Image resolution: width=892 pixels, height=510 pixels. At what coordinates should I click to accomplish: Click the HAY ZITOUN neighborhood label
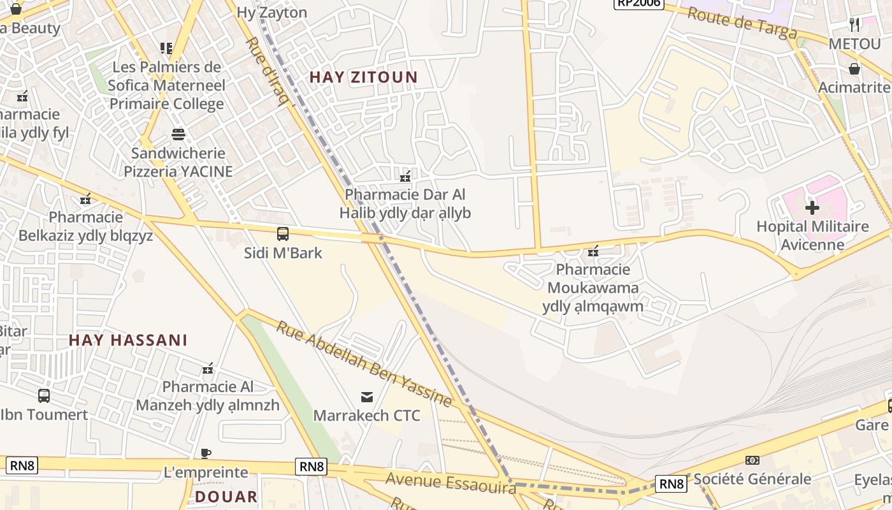(x=363, y=78)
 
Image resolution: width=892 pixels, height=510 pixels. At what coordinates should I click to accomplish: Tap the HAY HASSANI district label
(x=128, y=340)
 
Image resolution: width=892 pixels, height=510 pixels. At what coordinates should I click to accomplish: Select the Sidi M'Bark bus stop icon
(x=283, y=234)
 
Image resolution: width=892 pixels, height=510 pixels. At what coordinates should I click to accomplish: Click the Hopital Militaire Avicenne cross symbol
(x=812, y=207)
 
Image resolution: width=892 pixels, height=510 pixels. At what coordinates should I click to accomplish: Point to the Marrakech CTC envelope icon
(x=367, y=397)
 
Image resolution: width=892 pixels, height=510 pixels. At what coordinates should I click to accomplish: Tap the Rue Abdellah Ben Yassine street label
(x=364, y=364)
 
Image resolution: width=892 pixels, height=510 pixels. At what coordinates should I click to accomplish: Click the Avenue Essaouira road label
(x=451, y=483)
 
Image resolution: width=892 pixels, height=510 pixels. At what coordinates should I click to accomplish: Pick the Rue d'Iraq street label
(x=267, y=70)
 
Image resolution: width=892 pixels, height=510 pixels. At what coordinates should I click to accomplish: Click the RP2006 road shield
(x=638, y=3)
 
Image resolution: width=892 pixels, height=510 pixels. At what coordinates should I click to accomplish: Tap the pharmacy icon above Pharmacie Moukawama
(x=593, y=251)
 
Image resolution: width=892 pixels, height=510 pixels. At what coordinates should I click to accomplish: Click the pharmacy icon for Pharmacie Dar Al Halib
(x=405, y=176)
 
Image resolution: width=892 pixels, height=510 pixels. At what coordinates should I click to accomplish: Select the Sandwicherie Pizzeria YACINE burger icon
(x=178, y=135)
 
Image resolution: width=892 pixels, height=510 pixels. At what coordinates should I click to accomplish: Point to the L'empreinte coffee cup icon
(x=206, y=454)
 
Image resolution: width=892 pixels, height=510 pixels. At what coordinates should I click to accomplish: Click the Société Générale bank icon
(x=752, y=460)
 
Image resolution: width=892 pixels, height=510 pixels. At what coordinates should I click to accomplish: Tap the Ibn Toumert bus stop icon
(x=44, y=396)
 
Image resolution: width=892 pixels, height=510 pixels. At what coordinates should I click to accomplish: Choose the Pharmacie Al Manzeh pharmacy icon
(x=208, y=368)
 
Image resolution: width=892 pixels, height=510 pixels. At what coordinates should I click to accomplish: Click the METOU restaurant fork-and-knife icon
(x=854, y=25)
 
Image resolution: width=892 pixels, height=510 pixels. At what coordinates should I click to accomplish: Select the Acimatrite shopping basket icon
(x=854, y=69)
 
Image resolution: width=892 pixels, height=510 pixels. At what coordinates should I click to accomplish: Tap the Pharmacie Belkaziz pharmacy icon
(x=86, y=199)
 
